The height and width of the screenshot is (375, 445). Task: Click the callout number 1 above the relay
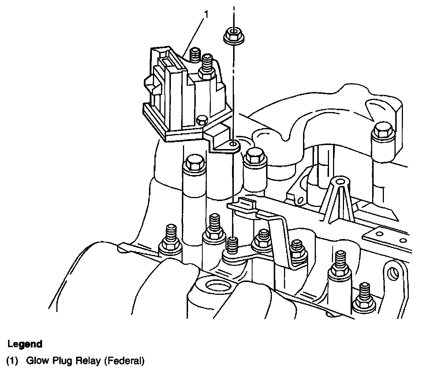pyautogui.click(x=206, y=14)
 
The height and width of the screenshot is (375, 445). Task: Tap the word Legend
pyautogui.click(x=25, y=344)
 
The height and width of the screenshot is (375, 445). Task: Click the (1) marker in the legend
pyautogui.click(x=12, y=361)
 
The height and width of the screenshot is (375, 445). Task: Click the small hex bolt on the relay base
pyautogui.click(x=202, y=120)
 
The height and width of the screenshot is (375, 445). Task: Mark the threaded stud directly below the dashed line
pyautogui.click(x=232, y=245)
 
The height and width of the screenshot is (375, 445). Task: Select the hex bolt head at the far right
pyautogui.click(x=384, y=130)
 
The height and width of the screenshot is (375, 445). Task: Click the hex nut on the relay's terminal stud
pyautogui.click(x=206, y=73)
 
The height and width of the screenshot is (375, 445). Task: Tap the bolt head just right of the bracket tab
pyautogui.click(x=255, y=156)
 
